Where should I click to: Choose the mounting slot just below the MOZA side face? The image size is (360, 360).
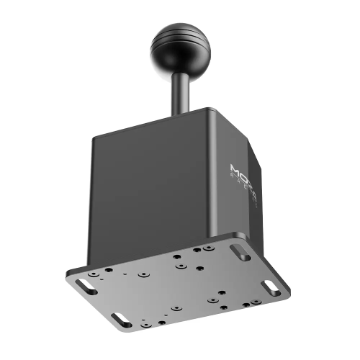click(x=238, y=253)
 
